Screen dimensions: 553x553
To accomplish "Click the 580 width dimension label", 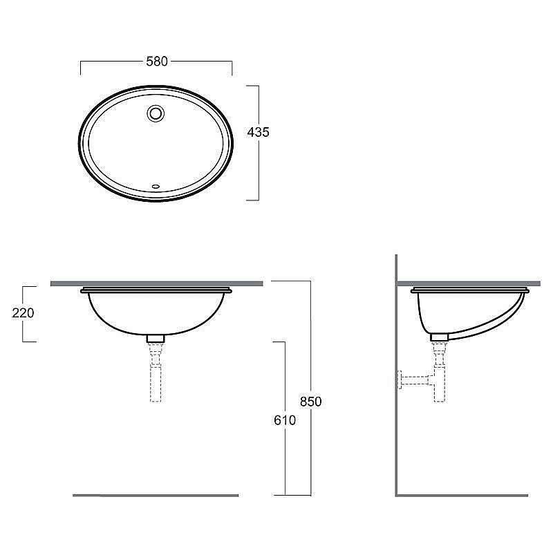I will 157,62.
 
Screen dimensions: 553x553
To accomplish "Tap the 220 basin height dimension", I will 23,312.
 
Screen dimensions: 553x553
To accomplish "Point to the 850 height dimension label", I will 311,401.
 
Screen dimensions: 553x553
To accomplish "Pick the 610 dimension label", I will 284,420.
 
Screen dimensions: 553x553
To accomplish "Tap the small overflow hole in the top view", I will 156,186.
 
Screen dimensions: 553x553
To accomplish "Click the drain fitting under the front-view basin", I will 156,339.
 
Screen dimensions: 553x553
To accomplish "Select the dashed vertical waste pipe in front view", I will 156,377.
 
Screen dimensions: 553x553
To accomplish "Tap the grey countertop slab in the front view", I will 156,283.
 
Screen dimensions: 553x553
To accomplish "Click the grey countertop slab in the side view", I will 470,283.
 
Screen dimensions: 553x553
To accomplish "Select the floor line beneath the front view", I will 156,495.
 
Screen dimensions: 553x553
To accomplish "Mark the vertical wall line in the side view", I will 396,415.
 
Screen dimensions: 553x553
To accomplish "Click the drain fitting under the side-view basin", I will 438,337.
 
